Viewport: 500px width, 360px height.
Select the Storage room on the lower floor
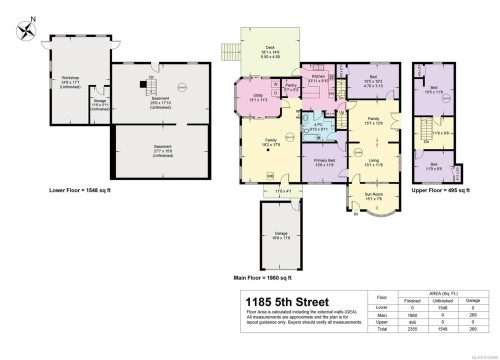99,102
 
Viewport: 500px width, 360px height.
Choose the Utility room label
255,98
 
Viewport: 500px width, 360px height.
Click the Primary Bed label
325,163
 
